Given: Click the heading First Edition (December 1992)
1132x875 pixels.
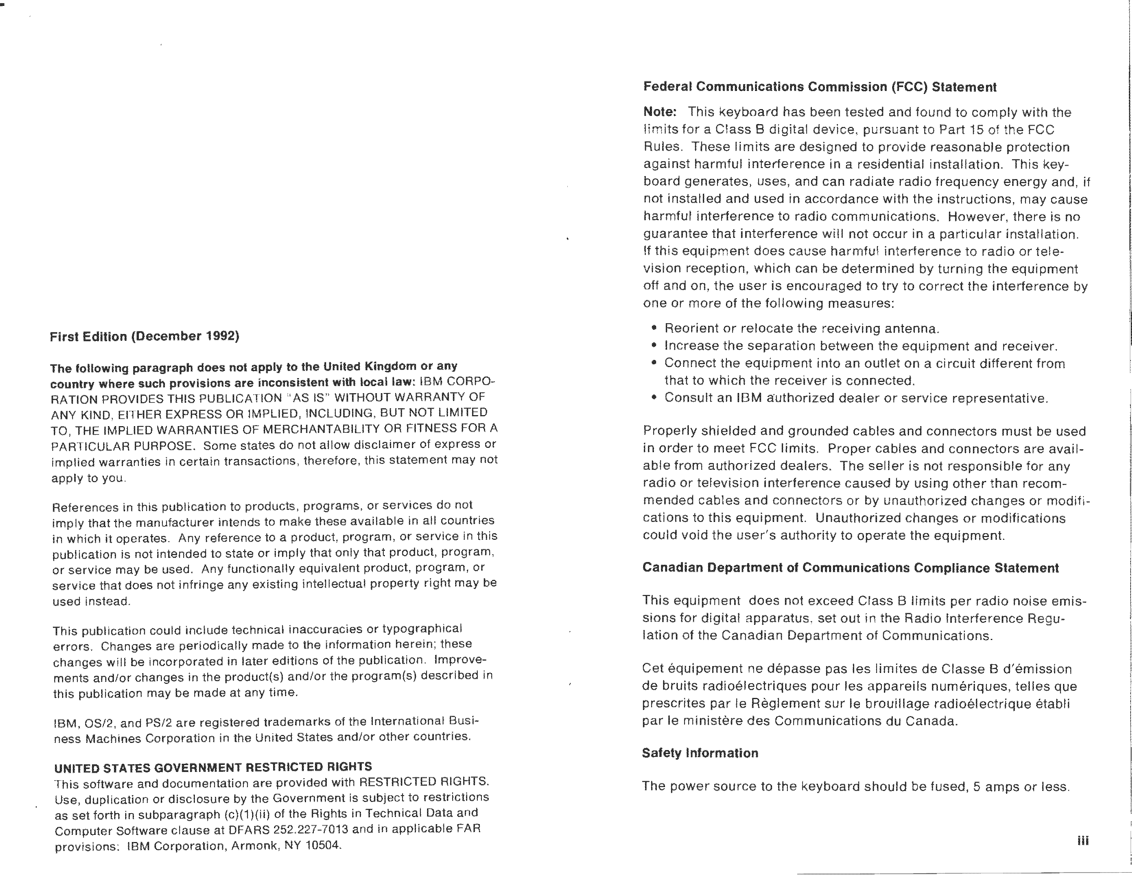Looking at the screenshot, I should [145, 336].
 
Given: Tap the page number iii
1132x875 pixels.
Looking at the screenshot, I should [1083, 840].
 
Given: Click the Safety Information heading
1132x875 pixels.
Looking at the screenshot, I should [700, 753].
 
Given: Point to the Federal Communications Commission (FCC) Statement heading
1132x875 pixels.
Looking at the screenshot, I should [819, 87].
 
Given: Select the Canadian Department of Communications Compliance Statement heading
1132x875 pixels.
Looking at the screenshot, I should [850, 568].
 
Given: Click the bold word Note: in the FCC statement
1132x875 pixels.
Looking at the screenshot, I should [660, 112].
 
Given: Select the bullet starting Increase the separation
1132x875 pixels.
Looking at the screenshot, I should [860, 346].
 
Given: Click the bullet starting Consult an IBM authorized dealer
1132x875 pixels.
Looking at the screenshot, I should [856, 398].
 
